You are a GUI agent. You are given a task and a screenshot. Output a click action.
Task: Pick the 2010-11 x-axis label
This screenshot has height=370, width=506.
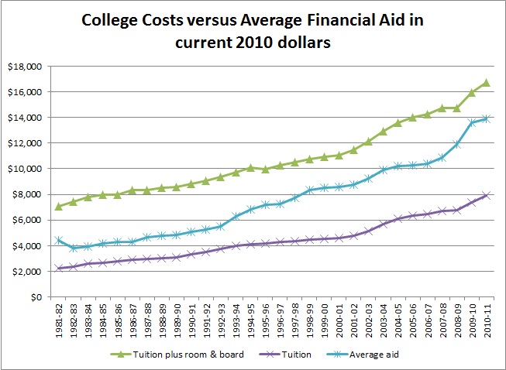point(486,320)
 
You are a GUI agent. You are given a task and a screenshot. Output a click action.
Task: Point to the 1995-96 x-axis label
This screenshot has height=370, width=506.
point(264,320)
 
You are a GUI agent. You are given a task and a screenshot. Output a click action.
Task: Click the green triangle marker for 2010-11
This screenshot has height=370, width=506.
point(486,82)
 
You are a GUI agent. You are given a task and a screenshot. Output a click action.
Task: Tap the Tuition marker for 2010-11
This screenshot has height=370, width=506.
point(486,195)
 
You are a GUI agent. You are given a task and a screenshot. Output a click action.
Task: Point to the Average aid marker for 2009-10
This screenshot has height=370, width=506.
point(471,122)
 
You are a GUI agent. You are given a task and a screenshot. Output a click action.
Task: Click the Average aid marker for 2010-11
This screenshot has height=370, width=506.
point(486,118)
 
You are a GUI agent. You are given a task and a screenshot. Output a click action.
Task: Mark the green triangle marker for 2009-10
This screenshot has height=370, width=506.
point(471,92)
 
